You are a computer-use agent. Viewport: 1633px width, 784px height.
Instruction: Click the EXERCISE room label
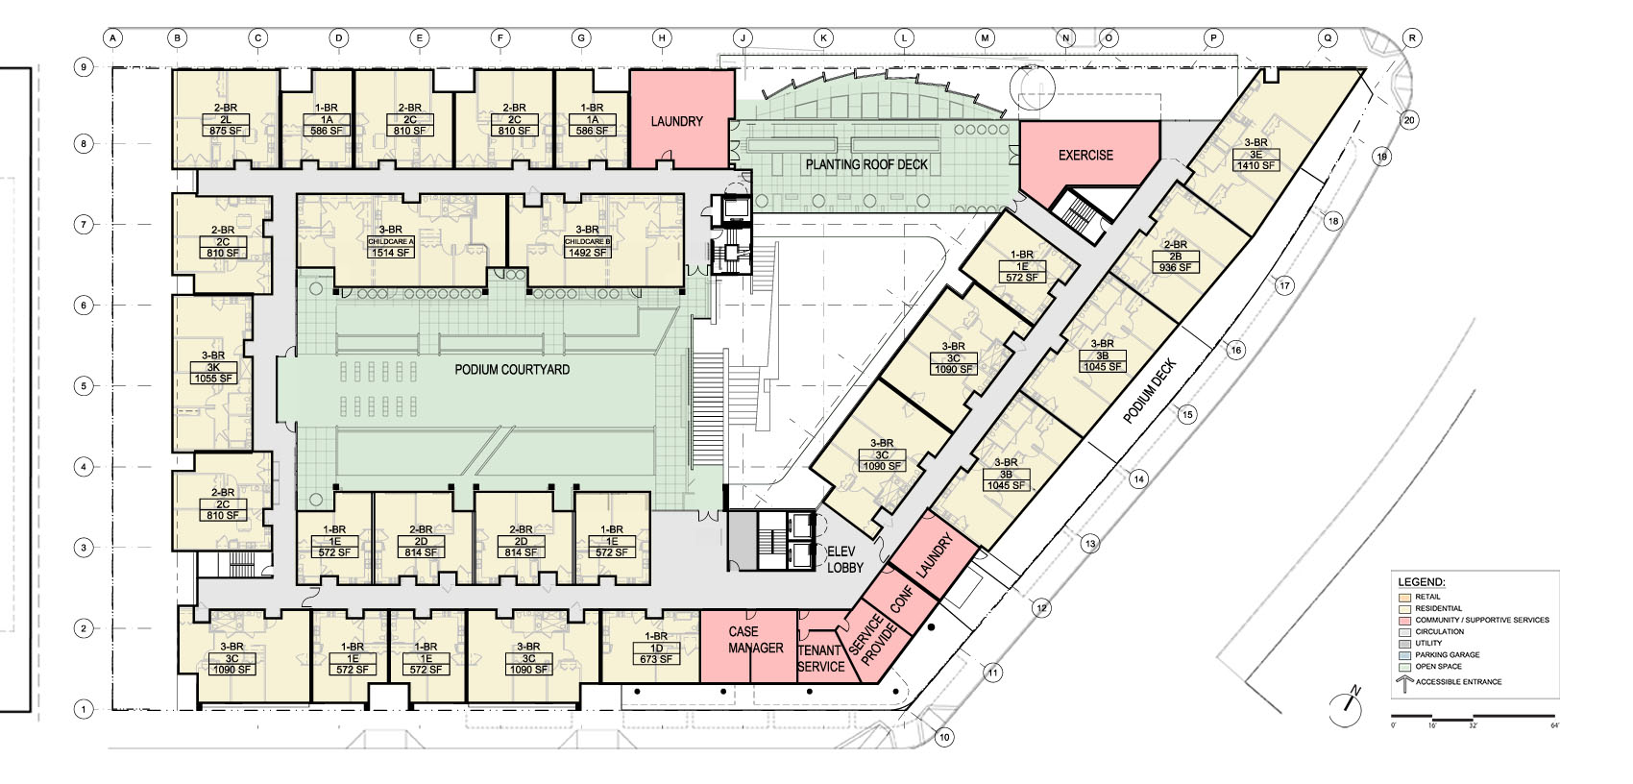(1085, 155)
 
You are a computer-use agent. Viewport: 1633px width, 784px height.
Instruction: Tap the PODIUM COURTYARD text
(511, 370)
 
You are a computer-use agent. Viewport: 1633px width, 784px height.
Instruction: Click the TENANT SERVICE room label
(820, 658)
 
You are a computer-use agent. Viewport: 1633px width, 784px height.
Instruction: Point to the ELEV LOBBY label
(845, 560)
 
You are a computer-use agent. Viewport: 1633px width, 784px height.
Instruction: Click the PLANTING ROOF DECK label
(866, 164)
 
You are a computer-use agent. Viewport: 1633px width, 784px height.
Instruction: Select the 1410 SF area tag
(1255, 165)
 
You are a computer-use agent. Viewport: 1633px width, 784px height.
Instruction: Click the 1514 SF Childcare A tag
(390, 253)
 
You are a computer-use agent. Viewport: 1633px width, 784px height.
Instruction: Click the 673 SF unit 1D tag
(655, 659)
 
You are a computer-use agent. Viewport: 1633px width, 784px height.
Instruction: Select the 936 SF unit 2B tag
(1175, 267)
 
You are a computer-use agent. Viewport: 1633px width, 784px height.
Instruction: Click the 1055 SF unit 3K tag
(213, 379)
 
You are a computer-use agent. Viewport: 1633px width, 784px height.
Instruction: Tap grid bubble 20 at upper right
(1408, 120)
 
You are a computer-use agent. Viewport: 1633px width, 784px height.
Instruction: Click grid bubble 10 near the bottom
(944, 738)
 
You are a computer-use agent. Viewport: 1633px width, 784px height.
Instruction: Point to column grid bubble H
(662, 38)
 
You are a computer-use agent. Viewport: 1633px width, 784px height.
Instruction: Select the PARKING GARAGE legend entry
(1447, 654)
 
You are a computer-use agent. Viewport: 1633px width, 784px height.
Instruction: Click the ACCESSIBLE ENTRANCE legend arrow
(1403, 684)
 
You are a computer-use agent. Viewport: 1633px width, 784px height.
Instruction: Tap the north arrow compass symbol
(1348, 708)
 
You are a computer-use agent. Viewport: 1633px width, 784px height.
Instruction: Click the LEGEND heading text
(1421, 582)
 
